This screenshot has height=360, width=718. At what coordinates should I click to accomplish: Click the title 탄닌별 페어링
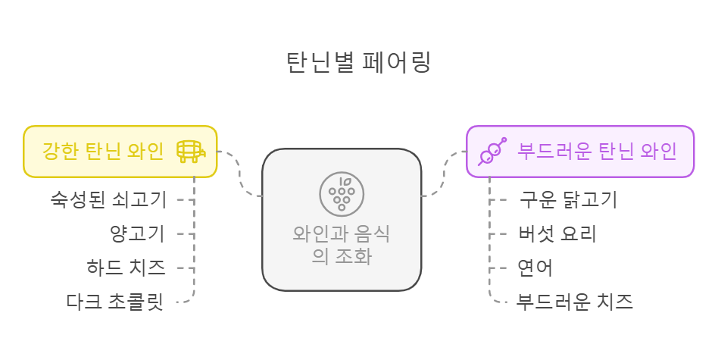pos(358,61)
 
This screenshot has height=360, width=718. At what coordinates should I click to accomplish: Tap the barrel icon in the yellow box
pos(190,152)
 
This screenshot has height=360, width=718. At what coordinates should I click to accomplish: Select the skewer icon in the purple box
pos(492,152)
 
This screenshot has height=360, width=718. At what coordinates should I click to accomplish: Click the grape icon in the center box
pos(342,192)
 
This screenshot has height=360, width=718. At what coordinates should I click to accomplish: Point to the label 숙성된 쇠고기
pos(108,200)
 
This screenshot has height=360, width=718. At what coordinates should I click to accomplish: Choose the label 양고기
pos(137,233)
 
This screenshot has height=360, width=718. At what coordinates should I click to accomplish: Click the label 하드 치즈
pos(126,268)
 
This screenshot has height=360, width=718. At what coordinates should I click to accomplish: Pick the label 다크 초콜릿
pos(114,302)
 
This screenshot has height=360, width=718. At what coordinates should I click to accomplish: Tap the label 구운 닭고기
pos(568,200)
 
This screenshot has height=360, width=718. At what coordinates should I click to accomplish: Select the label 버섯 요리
pos(557,233)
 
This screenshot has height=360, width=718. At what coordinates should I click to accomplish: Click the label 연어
pos(535,268)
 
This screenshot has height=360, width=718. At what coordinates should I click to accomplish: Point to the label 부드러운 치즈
pos(574,302)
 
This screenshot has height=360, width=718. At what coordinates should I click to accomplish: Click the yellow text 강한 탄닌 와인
pos(102,152)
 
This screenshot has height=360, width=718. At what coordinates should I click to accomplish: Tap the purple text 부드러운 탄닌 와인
pos(597,152)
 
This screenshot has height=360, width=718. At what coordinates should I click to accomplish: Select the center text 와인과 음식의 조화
pos(342,244)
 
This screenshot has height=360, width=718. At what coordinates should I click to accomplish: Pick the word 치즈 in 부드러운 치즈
pos(615,302)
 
